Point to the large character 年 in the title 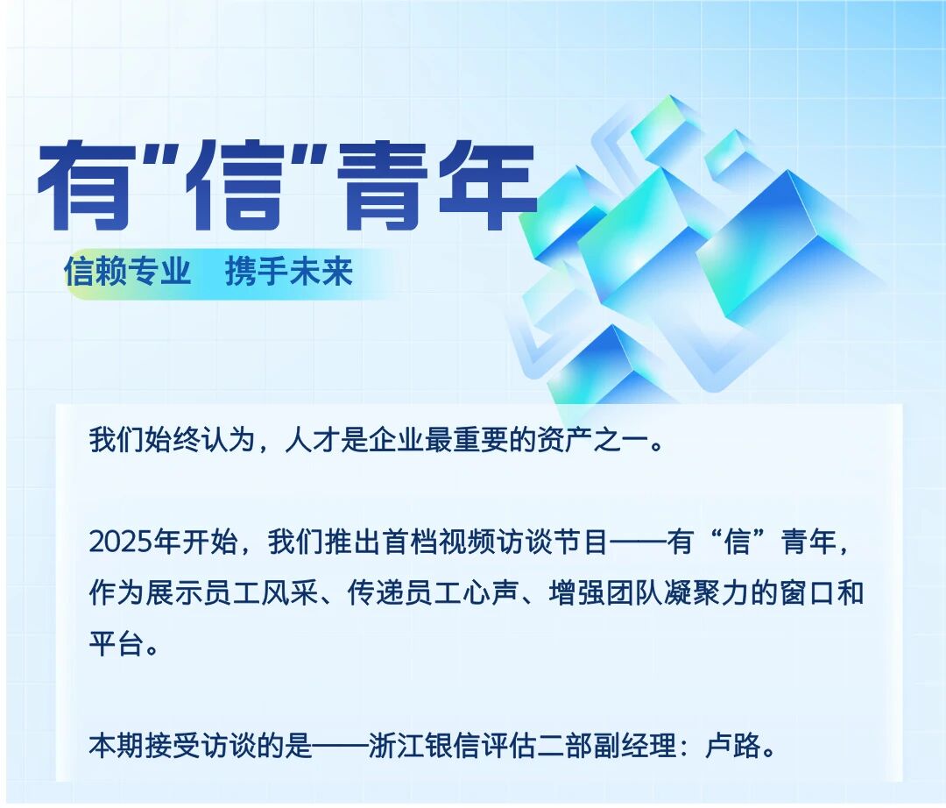click(x=488, y=186)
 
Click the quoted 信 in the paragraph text click(x=737, y=542)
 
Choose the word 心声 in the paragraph click(x=491, y=593)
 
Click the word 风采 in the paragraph click(x=290, y=593)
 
